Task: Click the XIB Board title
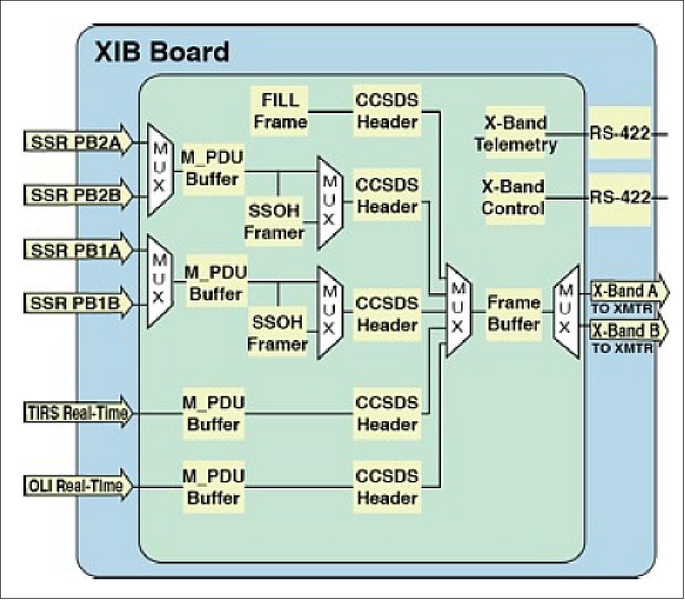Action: pyautogui.click(x=162, y=51)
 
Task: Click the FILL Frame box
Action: pyautogui.click(x=280, y=111)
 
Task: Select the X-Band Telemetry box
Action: pyautogui.click(x=515, y=133)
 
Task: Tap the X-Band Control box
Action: pyautogui.click(x=513, y=198)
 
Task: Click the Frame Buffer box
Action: pyautogui.click(x=513, y=313)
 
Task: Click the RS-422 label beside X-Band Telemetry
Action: pyautogui.click(x=620, y=134)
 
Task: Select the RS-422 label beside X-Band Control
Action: pyautogui.click(x=620, y=198)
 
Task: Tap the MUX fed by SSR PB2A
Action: pyautogui.click(x=160, y=169)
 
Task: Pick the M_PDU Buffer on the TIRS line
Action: pyautogui.click(x=214, y=413)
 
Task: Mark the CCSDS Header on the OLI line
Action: pyautogui.click(x=386, y=487)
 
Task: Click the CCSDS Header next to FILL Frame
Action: pyautogui.click(x=386, y=111)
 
